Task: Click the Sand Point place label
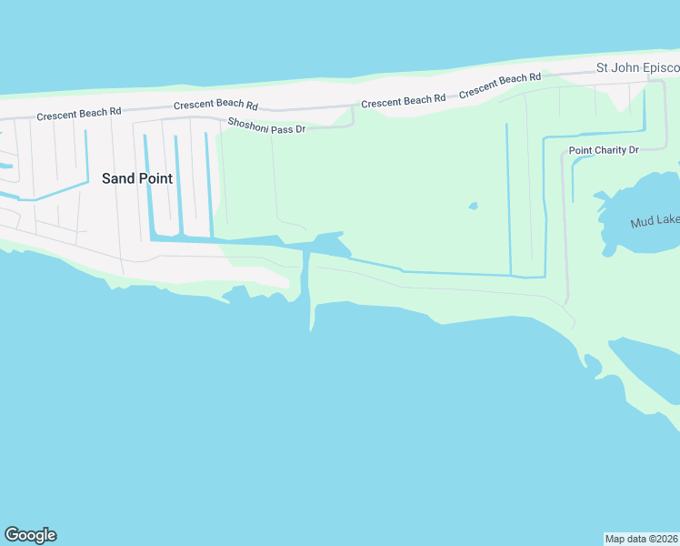[x=137, y=178]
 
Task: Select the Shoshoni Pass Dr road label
[x=266, y=126]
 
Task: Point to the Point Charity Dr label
[x=604, y=149]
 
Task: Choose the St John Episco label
[x=637, y=68]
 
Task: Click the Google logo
[x=31, y=535]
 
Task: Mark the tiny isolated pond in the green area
[x=473, y=206]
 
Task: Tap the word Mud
[x=642, y=222]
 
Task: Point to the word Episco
[x=660, y=68]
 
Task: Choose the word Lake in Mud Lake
[x=666, y=222]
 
